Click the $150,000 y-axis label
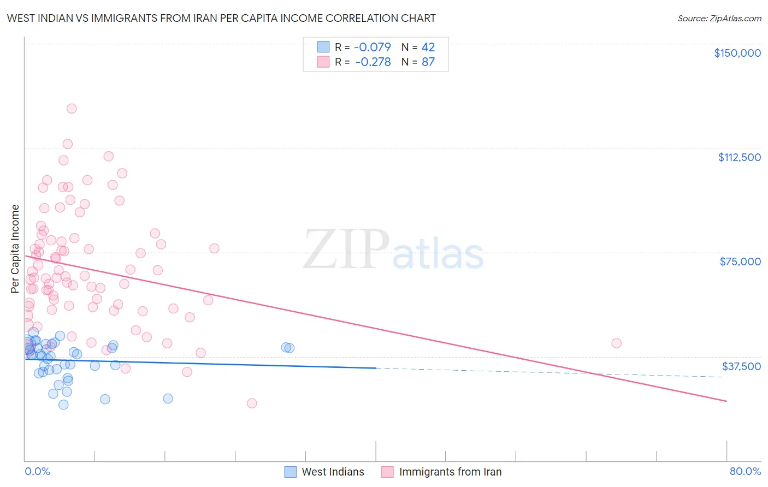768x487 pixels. point(737,53)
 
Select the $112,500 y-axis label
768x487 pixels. point(739,157)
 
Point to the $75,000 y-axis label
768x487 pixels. point(740,262)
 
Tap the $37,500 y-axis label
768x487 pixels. point(741,366)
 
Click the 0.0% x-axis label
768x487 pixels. point(37,471)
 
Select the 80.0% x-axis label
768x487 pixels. point(745,471)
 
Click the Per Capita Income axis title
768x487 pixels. point(15,248)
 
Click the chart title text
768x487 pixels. point(221,18)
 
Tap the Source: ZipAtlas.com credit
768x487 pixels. point(719,18)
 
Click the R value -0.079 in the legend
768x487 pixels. point(373,47)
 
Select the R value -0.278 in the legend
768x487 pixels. point(373,62)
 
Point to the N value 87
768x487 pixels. point(428,62)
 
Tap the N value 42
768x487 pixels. point(428,47)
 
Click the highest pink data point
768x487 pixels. point(72,108)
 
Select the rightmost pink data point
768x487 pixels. point(616,343)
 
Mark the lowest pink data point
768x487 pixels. point(252,403)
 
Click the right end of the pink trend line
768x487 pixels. point(726,401)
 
